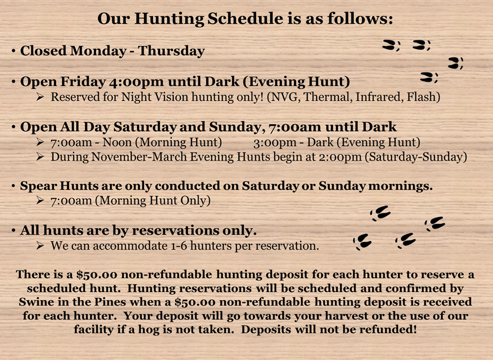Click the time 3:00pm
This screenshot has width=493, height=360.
(276, 143)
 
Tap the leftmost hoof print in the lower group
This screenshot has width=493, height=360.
(362, 242)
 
